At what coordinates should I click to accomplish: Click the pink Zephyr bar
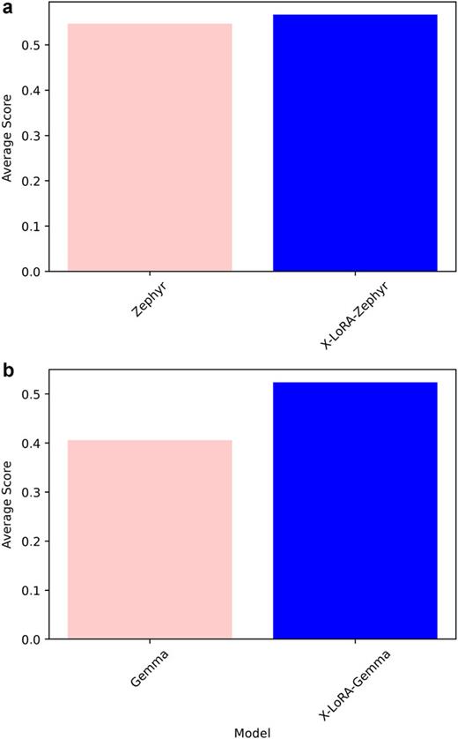[x=150, y=147]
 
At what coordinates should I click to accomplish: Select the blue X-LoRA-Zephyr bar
[x=355, y=143]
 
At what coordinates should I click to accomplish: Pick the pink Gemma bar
[x=150, y=539]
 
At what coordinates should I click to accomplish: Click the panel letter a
[x=8, y=7]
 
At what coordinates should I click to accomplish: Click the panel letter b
[x=8, y=371]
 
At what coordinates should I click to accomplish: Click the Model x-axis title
[x=253, y=730]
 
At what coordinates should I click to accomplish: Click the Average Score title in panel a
[x=8, y=136]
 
